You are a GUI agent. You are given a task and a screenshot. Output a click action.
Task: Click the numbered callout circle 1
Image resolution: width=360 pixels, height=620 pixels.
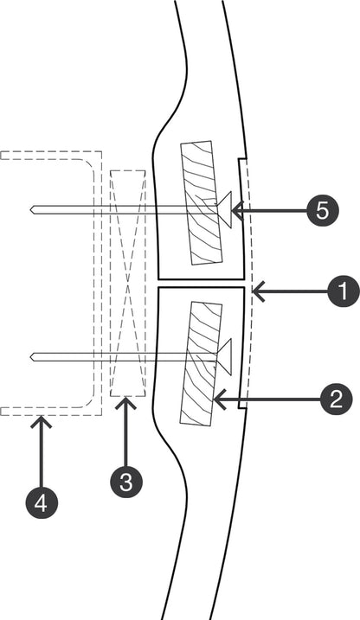point(344,292)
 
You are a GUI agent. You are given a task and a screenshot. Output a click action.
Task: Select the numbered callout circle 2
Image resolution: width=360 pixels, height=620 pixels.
point(334,399)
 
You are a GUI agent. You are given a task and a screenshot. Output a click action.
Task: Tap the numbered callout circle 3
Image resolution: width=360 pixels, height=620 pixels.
point(126,481)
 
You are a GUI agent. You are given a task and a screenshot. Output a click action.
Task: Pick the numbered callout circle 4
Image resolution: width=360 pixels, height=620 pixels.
point(42,502)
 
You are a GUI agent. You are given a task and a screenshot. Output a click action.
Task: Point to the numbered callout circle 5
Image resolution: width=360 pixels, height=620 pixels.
point(322,209)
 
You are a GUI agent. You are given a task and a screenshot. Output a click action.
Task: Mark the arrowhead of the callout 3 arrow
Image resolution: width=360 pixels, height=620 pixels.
point(126,400)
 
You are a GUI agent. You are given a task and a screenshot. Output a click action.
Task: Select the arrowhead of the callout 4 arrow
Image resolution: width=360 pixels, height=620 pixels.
point(42,419)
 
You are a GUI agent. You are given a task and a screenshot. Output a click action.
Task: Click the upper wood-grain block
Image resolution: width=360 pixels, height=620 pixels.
point(200,202)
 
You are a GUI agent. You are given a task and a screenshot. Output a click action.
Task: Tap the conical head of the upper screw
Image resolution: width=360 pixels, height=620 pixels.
point(224,209)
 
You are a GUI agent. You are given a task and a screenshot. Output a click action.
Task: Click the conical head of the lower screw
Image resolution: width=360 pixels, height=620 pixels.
point(224,356)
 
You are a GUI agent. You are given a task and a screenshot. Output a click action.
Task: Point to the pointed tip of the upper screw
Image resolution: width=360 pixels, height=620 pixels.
point(31,209)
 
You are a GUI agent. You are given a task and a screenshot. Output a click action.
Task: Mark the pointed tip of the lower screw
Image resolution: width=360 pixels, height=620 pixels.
point(31,356)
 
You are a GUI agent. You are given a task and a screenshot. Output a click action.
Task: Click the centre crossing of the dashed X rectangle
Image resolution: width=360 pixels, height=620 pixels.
point(128,283)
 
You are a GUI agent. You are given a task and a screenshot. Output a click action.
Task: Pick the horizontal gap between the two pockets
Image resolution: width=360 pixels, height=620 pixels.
point(201,284)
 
